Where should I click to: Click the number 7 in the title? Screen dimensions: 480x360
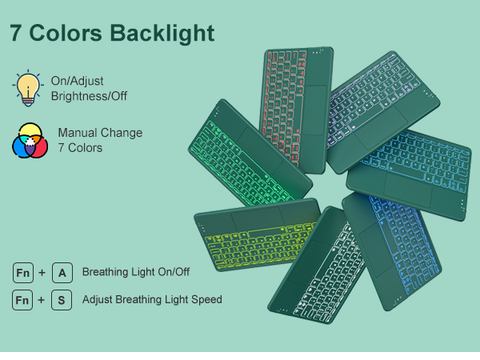pyautogui.click(x=16, y=33)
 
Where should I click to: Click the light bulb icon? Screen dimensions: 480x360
pyautogui.click(x=28, y=88)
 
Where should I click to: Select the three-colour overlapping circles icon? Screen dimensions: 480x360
pyautogui.click(x=30, y=141)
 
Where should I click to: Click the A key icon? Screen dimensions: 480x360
pyautogui.click(x=62, y=273)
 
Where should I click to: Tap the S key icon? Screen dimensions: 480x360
pyautogui.click(x=62, y=300)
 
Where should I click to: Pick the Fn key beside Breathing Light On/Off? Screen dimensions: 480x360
pyautogui.click(x=23, y=273)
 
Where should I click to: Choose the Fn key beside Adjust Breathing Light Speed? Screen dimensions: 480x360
pyautogui.click(x=22, y=300)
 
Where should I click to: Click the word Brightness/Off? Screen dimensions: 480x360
pyautogui.click(x=89, y=96)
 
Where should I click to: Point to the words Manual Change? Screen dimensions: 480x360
pyautogui.click(x=101, y=133)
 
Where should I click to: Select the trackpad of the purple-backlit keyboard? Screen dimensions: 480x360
pyautogui.click(x=382, y=128)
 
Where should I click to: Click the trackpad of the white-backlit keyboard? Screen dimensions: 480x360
pyautogui.click(x=309, y=262)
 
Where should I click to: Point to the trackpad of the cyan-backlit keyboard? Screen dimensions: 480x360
pyautogui.click(x=408, y=190)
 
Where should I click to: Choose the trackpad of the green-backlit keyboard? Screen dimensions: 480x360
pyautogui.click(x=259, y=151)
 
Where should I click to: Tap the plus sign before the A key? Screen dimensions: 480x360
pyautogui.click(x=42, y=273)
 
